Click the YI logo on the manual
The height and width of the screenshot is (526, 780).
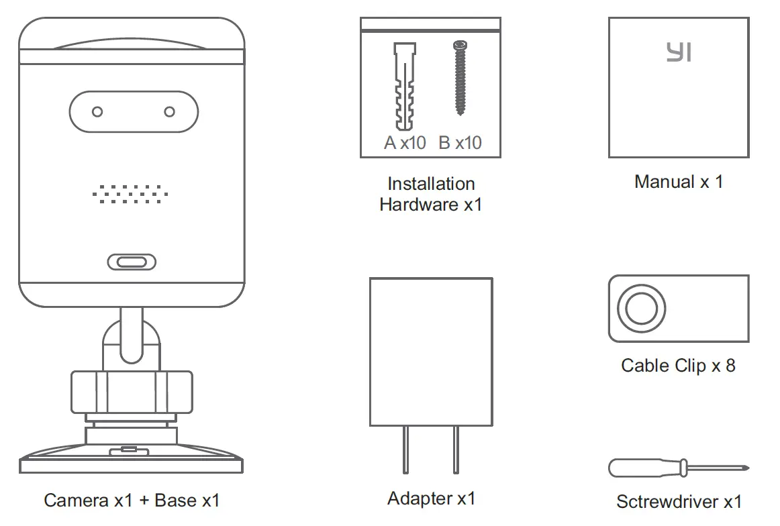[x=679, y=52]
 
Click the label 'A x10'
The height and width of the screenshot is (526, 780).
[x=405, y=143]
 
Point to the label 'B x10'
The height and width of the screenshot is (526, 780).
[x=460, y=143]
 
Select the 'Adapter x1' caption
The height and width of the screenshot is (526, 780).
[x=431, y=498]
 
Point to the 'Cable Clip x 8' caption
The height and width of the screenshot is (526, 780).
[x=678, y=366]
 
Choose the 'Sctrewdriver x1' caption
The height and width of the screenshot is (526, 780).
[x=679, y=501]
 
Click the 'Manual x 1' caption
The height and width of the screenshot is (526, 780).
[x=679, y=182]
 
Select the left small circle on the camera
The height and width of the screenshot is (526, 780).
[x=97, y=111]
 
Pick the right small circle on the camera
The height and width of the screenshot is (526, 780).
[x=170, y=111]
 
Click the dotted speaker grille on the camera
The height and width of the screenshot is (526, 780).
[x=130, y=194]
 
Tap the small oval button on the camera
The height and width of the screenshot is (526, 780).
[x=132, y=262]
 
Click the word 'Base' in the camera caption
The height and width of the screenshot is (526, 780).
[x=176, y=501]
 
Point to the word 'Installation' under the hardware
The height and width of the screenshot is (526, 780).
[x=431, y=184]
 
